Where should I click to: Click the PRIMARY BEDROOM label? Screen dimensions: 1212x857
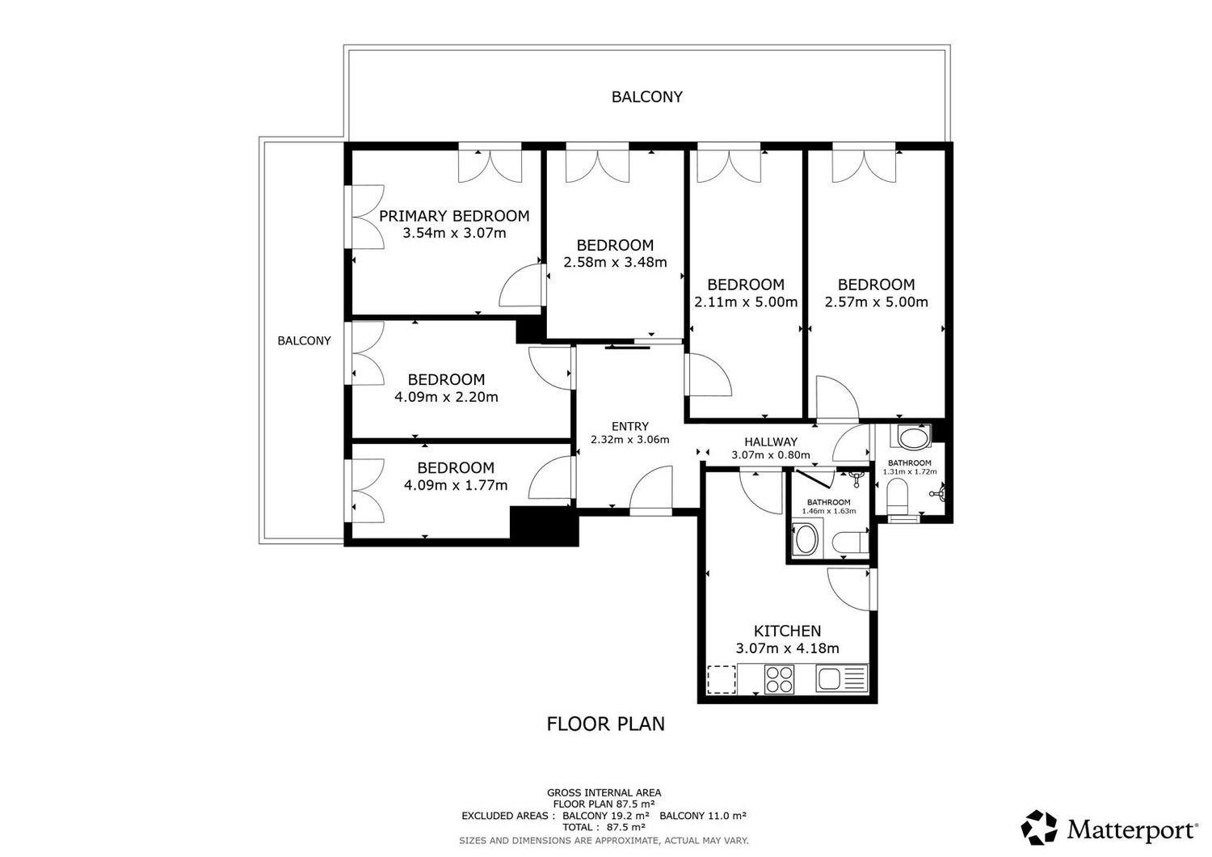[454, 216]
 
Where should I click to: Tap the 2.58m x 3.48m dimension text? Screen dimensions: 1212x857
[615, 263]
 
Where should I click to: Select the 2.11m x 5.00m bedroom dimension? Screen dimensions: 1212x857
[746, 302]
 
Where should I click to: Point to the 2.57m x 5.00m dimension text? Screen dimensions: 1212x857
[876, 302]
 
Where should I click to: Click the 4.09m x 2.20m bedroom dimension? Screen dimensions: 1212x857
[446, 397]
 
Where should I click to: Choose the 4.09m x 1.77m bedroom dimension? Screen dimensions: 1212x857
[456, 485]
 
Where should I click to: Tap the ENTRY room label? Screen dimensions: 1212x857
[629, 427]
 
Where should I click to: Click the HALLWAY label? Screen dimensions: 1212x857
[771, 441]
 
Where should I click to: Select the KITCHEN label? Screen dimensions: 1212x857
[787, 631]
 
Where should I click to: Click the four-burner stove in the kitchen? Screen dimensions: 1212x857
[779, 679]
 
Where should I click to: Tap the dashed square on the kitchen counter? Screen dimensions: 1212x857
[722, 679]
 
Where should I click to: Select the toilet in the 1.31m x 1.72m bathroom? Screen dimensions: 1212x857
[898, 498]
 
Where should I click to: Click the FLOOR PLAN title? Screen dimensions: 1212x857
[605, 724]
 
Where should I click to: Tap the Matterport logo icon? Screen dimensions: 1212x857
[1039, 828]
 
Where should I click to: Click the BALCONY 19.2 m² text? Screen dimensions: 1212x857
[605, 815]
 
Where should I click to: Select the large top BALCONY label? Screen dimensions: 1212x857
[646, 97]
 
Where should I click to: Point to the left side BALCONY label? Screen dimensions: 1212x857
[304, 340]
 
